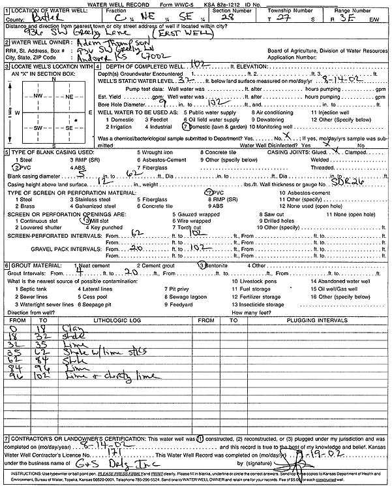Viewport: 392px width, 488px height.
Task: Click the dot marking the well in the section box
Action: coord(76,121)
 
